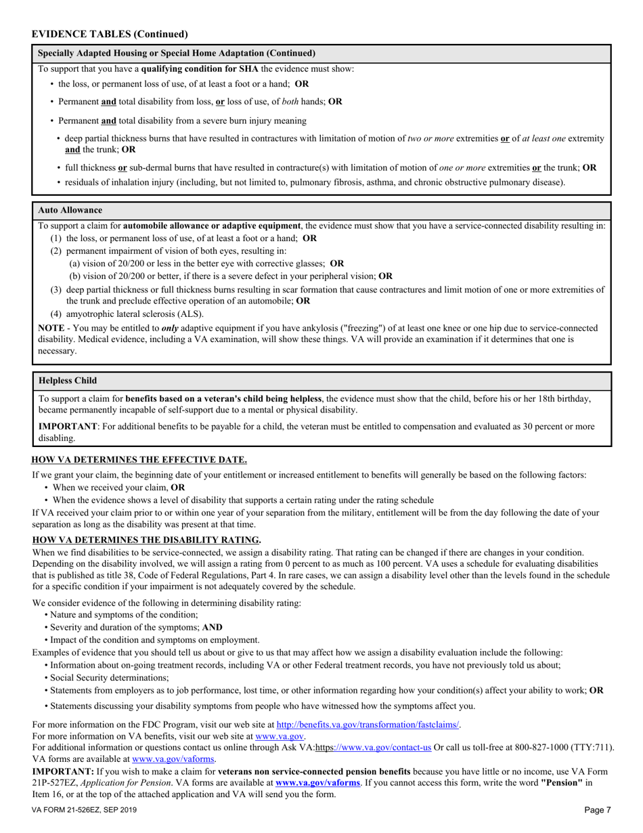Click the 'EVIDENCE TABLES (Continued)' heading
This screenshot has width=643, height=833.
point(110,34)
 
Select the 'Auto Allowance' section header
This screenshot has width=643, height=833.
point(70,210)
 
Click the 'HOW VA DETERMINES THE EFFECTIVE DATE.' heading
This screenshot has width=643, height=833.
point(139,459)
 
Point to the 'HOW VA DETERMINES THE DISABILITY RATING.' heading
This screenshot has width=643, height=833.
point(146,540)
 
